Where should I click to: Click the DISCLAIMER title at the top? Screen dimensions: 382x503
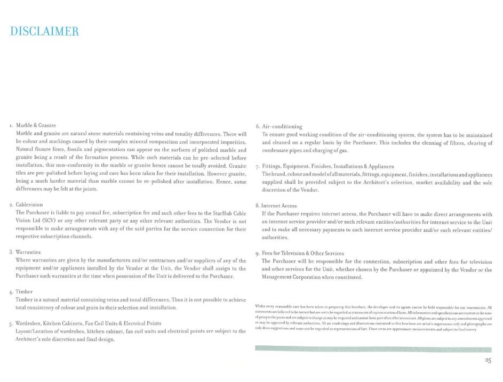pyautogui.click(x=45, y=31)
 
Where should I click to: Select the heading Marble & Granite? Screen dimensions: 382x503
pyautogui.click(x=36, y=125)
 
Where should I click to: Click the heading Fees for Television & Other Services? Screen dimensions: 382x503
pyautogui.click(x=303, y=253)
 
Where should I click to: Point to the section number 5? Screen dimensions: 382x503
pyautogui.click(x=11, y=323)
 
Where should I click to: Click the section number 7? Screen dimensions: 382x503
pyautogui.click(x=258, y=167)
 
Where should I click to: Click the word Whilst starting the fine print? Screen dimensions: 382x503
pyautogui.click(x=261, y=307)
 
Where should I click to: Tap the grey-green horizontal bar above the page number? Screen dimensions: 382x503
pyautogui.click(x=373, y=349)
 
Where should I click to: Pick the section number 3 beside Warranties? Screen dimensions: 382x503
pyautogui.click(x=11, y=251)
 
